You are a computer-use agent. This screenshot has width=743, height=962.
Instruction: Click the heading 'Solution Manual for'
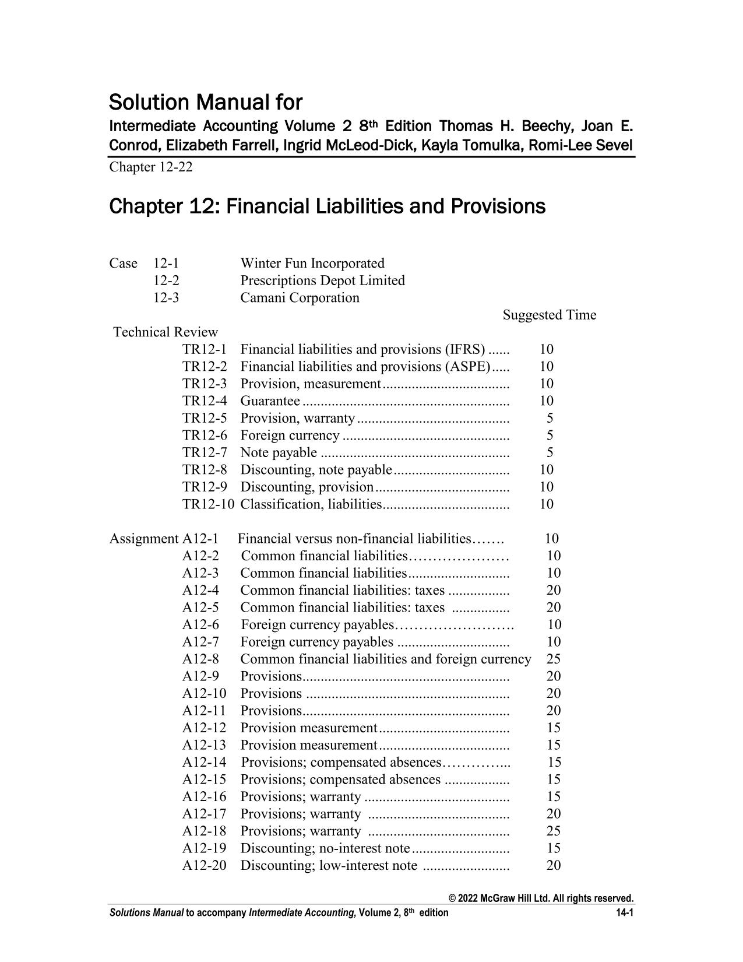(x=206, y=103)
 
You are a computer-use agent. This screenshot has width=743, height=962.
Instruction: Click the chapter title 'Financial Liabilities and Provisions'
(x=385, y=206)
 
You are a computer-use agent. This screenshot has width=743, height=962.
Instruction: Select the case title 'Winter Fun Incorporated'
(x=312, y=264)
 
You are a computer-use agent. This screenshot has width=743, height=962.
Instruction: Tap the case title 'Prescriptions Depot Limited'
(x=322, y=280)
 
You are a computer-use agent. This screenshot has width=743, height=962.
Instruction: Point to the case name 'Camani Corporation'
(x=300, y=298)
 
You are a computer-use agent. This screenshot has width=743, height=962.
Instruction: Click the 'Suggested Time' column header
(x=549, y=315)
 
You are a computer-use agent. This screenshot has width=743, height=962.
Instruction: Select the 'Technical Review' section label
(x=165, y=332)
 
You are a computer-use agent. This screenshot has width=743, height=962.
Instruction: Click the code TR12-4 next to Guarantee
(x=204, y=401)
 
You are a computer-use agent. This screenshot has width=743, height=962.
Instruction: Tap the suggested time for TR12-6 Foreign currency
(x=550, y=436)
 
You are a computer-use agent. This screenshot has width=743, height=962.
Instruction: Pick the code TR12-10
(x=208, y=504)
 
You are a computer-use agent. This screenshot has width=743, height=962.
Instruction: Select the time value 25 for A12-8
(x=554, y=659)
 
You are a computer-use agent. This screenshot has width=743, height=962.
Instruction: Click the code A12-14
(x=204, y=763)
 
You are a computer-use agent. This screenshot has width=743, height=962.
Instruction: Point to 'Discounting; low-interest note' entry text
(x=329, y=866)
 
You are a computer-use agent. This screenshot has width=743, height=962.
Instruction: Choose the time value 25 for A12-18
(x=554, y=831)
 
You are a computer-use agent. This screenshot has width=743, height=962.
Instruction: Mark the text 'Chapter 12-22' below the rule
(x=150, y=167)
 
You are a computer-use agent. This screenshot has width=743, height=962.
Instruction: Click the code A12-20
(x=204, y=866)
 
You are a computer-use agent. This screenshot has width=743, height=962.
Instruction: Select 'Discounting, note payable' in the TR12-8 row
(x=316, y=470)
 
